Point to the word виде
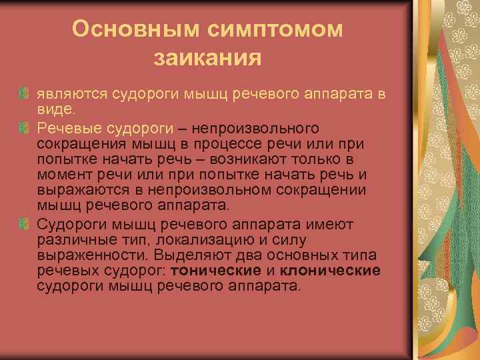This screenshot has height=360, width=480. click(x=56, y=109)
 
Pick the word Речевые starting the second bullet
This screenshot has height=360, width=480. click(x=70, y=127)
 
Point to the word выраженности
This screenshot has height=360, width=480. click(x=87, y=255)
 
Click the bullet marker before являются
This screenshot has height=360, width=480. click(x=24, y=95)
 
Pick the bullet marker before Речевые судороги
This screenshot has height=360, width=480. click(x=24, y=127)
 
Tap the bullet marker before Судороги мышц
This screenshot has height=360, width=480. click(x=24, y=224)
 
